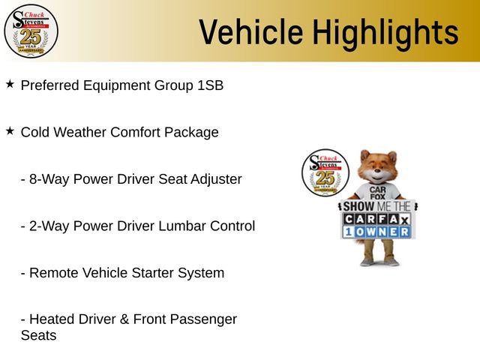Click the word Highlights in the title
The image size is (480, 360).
[385, 32]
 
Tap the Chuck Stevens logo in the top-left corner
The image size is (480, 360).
[31, 31]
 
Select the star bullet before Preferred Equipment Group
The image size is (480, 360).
[10, 84]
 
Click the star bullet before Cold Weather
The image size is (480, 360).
[10, 130]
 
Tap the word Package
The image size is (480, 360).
[193, 133]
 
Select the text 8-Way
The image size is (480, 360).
[46, 179]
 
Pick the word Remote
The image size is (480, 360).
[53, 273]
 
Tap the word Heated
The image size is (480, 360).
[52, 319]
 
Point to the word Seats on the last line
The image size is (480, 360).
[38, 335]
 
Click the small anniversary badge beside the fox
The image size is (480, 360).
[324, 172]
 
